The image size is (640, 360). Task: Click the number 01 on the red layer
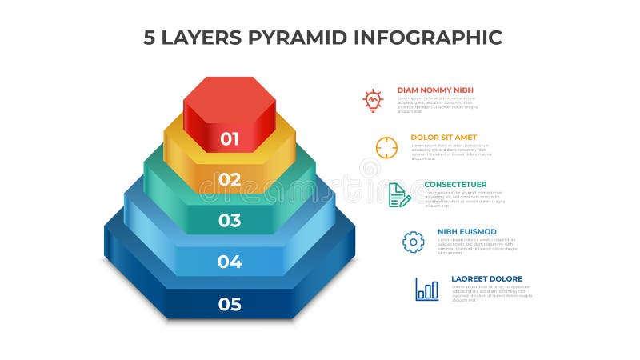[230, 138]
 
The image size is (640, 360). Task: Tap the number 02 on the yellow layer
[230, 179]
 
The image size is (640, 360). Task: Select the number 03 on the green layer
[230, 220]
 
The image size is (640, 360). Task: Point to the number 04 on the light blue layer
[230, 262]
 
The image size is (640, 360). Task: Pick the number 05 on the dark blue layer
[230, 304]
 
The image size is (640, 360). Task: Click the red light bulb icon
[373, 100]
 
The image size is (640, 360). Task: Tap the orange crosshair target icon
[386, 148]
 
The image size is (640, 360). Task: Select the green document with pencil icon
[399, 195]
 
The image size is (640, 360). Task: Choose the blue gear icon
[413, 242]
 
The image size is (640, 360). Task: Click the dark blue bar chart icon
[426, 289]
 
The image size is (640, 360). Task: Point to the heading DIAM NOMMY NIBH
[436, 90]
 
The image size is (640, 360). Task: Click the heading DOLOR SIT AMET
[443, 137]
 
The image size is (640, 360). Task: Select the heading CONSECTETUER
[455, 184]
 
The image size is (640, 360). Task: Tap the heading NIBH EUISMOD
[467, 231]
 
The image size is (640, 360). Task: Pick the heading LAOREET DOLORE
[486, 278]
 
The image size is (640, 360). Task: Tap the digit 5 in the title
[150, 37]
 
